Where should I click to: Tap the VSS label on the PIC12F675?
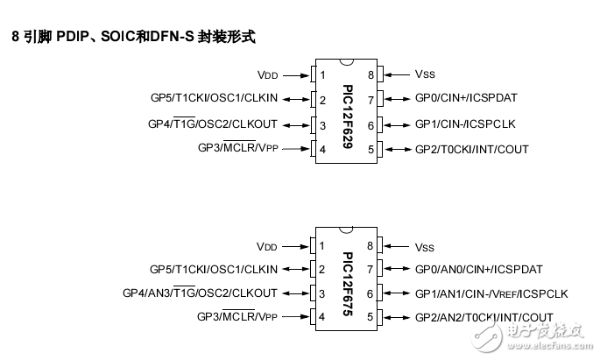(x=424, y=247)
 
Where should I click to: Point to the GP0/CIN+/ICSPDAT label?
(x=468, y=100)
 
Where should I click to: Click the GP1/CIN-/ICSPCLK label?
(x=466, y=124)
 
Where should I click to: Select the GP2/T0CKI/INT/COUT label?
(x=471, y=150)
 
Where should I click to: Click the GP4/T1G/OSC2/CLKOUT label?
(x=212, y=124)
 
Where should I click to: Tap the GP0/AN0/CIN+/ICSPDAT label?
(x=478, y=270)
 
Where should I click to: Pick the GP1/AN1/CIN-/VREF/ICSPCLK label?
(x=491, y=293)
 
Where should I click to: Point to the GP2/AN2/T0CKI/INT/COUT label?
(x=484, y=317)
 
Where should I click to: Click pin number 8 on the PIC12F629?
(x=371, y=75)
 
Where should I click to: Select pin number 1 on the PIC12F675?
(x=323, y=247)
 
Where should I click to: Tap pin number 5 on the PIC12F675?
(x=371, y=317)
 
